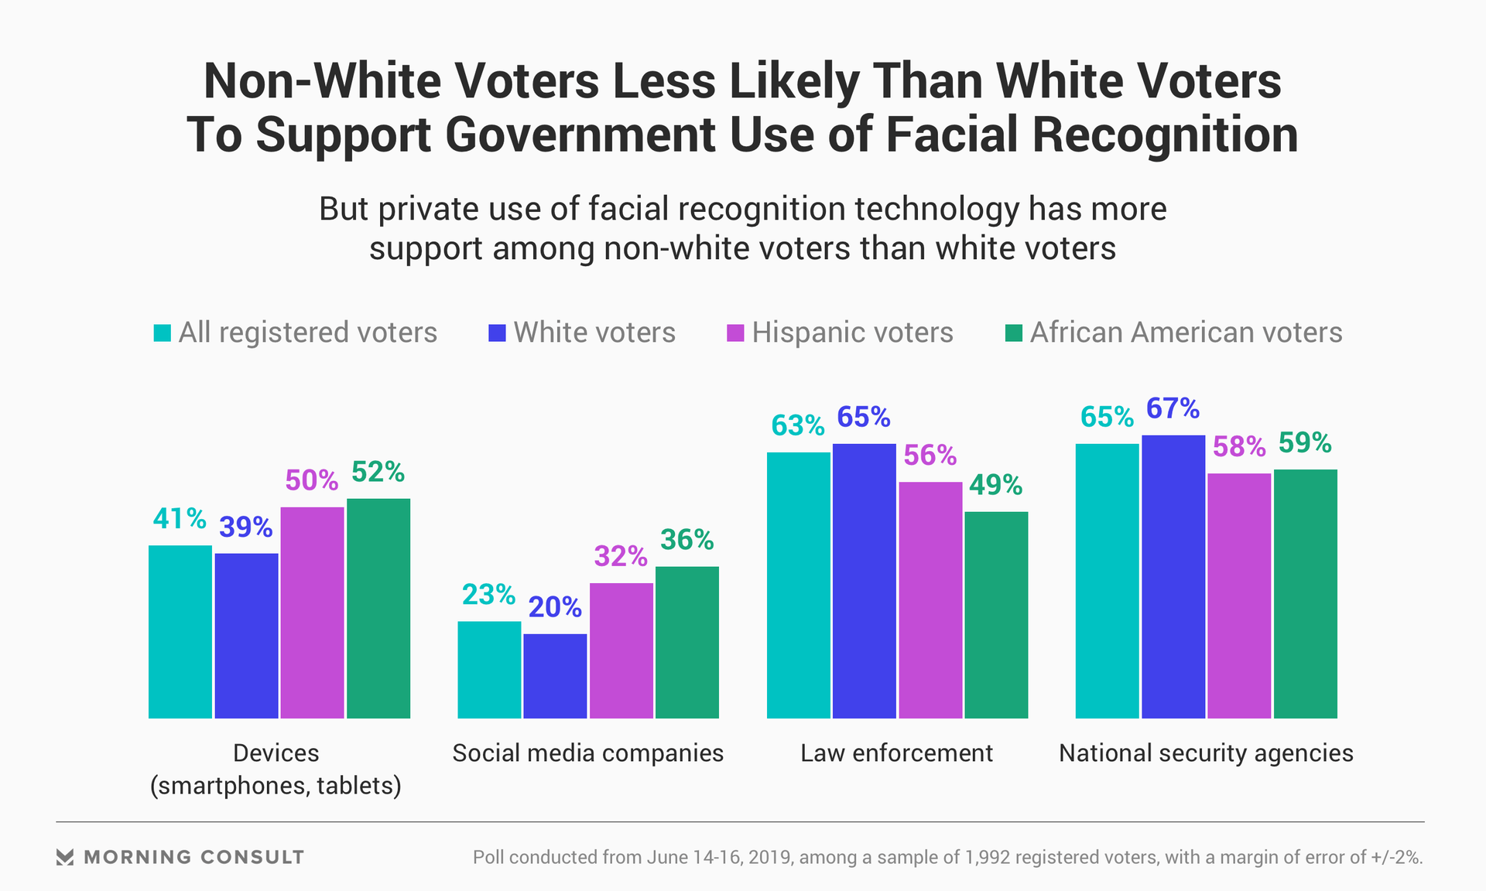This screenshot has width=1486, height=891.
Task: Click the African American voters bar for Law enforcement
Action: tap(996, 615)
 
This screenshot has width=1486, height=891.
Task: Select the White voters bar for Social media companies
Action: tap(555, 676)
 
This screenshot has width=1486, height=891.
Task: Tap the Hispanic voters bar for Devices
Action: tap(312, 613)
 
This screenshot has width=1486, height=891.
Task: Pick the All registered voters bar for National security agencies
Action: tap(1107, 581)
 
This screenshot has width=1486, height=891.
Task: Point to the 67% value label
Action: tap(1173, 408)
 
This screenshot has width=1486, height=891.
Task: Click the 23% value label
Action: tap(488, 595)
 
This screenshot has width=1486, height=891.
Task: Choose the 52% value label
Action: tap(378, 472)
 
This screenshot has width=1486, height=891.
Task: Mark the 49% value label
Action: tap(995, 485)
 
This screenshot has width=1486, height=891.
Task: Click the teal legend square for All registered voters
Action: tap(162, 333)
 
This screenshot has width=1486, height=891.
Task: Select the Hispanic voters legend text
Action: tap(852, 333)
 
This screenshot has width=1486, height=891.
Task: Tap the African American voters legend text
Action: tap(1186, 333)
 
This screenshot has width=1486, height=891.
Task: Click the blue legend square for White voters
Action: tap(497, 333)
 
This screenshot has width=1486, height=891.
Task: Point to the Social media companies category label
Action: tap(587, 753)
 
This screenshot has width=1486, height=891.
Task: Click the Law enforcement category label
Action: tap(896, 753)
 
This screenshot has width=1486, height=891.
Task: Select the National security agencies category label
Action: tap(1206, 753)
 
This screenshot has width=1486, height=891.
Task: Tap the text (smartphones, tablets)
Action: tap(276, 786)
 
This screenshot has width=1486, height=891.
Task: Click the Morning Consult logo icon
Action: tap(65, 857)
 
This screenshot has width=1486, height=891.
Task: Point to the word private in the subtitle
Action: tap(422, 209)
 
